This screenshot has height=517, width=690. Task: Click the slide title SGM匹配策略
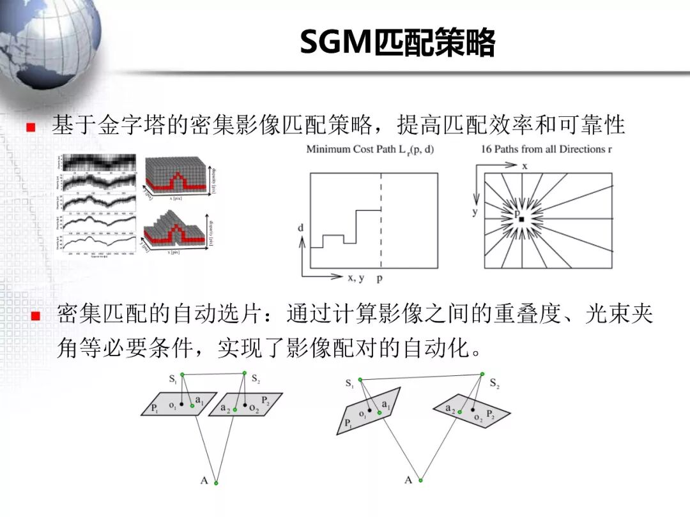(397, 43)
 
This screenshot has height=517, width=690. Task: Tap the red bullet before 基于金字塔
(30, 127)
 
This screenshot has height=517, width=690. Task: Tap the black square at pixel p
(522, 220)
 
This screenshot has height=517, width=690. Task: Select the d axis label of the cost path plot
(300, 228)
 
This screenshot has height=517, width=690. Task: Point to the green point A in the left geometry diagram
(216, 482)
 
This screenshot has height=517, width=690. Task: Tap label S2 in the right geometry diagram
(494, 383)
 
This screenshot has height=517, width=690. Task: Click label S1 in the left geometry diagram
(172, 379)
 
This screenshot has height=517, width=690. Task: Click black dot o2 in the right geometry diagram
(473, 410)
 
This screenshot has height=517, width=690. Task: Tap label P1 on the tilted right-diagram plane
(348, 423)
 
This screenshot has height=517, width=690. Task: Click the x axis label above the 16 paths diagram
(525, 165)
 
